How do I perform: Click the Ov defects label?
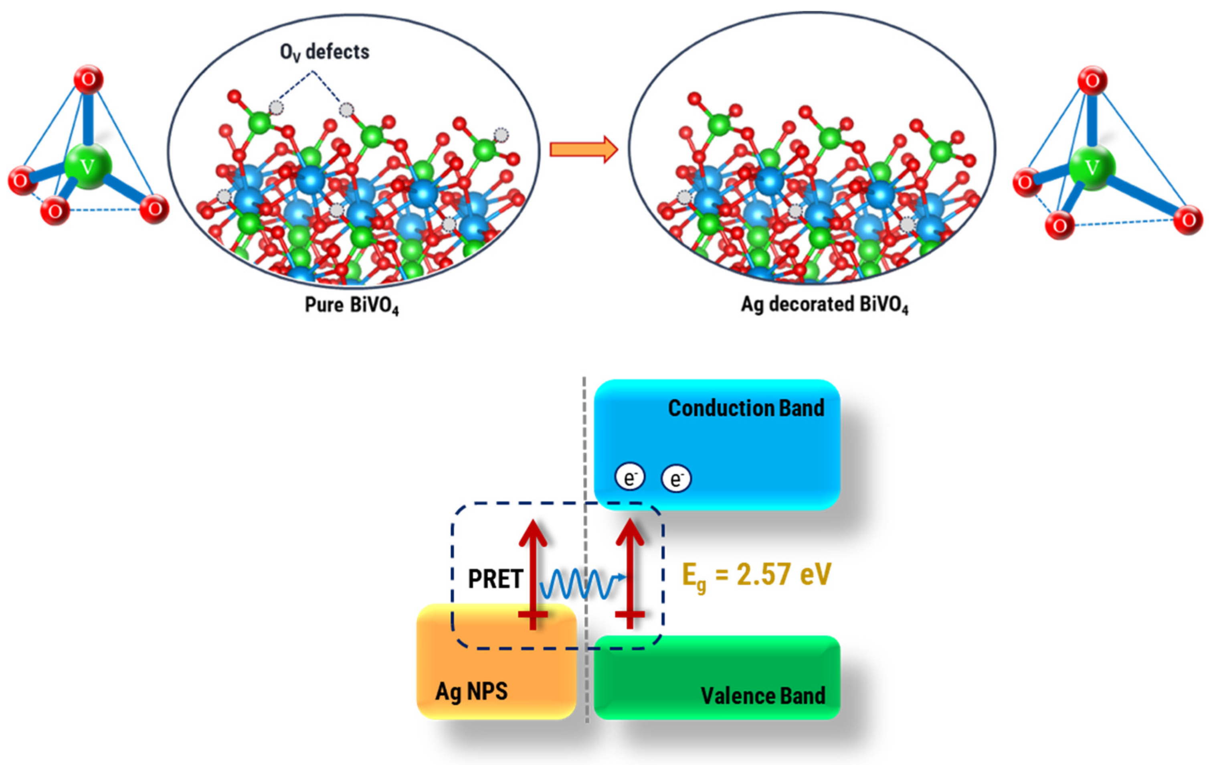click(324, 52)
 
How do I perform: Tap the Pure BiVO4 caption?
click(352, 305)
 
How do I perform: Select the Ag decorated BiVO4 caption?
click(825, 305)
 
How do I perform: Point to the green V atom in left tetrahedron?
click(87, 166)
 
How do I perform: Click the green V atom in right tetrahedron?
click(1092, 167)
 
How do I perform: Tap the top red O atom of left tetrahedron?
click(88, 79)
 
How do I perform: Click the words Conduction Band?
click(746, 408)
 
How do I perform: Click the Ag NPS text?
click(471, 692)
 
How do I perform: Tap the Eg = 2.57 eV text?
click(756, 575)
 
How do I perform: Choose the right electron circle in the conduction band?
click(676, 478)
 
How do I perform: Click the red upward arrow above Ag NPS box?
click(533, 572)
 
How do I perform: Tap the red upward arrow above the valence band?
click(630, 572)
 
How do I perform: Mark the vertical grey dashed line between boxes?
click(585, 552)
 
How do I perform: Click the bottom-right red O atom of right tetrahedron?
click(1188, 220)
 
